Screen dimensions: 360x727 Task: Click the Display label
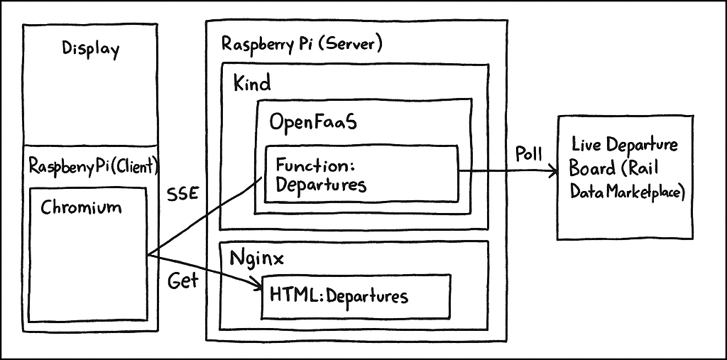(x=90, y=50)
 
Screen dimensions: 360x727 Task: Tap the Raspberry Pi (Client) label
(x=94, y=166)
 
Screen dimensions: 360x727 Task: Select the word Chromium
(x=81, y=207)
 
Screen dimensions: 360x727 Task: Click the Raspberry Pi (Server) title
(x=302, y=44)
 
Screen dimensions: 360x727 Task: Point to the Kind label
(x=252, y=84)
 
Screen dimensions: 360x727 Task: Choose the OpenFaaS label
(x=312, y=121)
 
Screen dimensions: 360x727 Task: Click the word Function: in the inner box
(x=315, y=165)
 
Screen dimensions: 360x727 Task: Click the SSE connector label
(x=182, y=194)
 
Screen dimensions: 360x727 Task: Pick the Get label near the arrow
(x=182, y=280)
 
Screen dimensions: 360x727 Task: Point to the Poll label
(x=528, y=155)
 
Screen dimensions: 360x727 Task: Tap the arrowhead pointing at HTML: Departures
(x=256, y=286)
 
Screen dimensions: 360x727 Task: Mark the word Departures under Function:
(x=321, y=185)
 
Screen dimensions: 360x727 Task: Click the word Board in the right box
(x=591, y=170)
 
